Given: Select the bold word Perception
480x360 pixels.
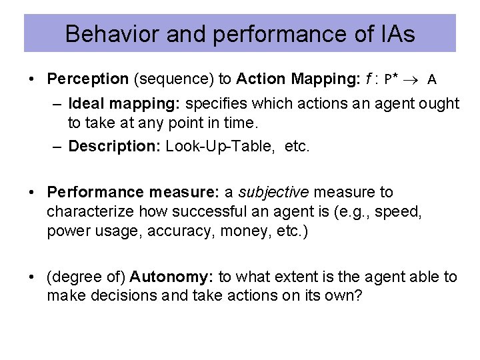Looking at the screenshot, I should [87, 79].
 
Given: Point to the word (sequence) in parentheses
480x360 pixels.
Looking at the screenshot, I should [173, 79].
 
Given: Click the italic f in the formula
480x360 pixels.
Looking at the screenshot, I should [368, 79].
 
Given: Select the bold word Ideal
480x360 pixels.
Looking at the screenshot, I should [85, 104].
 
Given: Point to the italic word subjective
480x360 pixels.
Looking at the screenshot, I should [273, 193].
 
